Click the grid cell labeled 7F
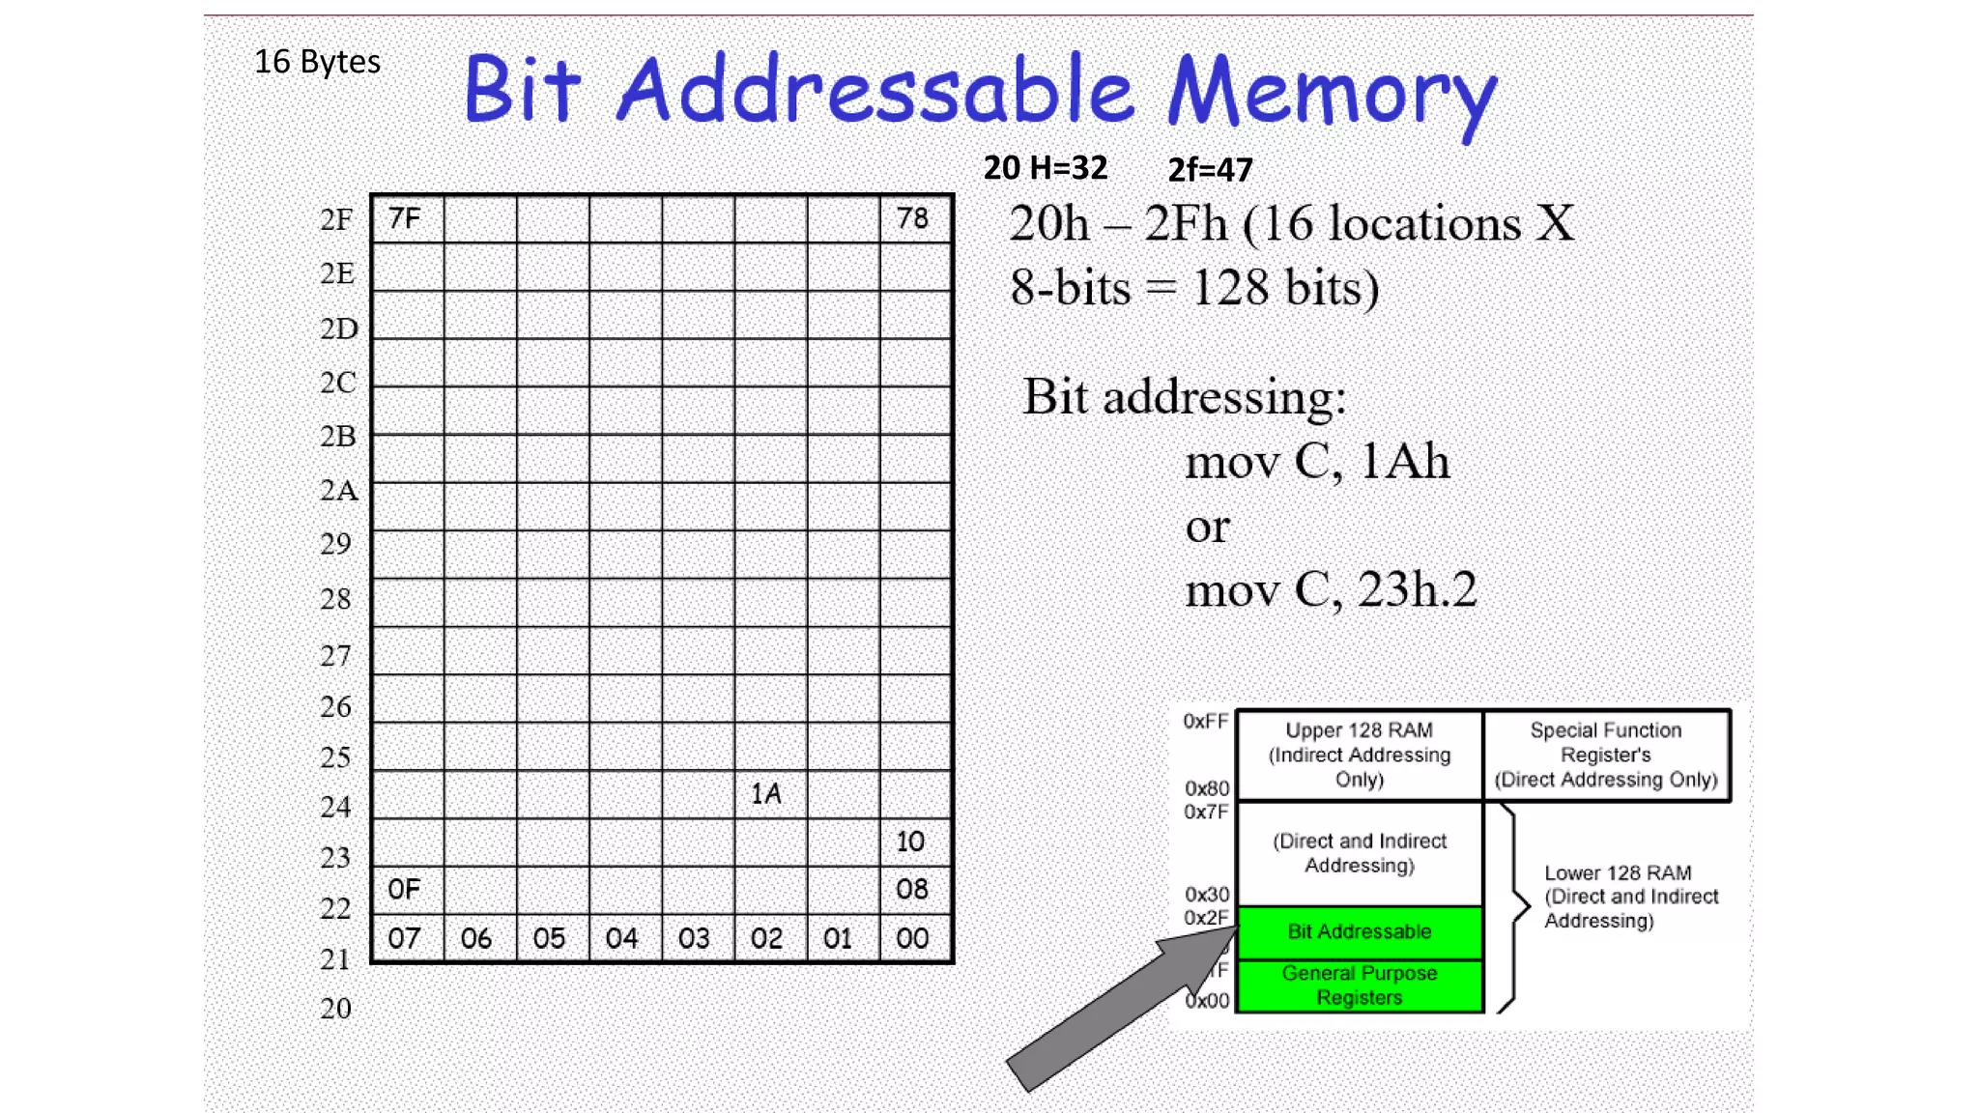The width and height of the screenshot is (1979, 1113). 407,218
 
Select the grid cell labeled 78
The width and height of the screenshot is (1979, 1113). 914,218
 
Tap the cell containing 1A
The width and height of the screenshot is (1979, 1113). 769,794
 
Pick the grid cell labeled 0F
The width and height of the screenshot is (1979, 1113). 407,890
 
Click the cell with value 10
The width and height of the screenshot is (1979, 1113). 914,842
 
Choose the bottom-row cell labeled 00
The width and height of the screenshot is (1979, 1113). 914,938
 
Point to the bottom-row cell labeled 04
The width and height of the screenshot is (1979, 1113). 624,938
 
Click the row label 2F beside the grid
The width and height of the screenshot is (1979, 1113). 336,220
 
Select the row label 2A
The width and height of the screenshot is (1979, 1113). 338,491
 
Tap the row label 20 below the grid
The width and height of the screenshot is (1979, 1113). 335,1009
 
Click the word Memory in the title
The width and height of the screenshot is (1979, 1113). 1332,93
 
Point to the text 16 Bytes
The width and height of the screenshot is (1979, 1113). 317,62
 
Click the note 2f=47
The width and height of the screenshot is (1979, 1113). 1210,170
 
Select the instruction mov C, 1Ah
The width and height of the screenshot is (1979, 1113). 1317,462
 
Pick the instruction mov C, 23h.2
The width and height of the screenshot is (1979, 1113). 1331,590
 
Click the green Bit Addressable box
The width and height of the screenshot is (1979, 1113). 1359,931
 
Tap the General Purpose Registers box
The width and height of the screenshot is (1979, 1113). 1359,985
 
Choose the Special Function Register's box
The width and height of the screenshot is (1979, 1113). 1605,756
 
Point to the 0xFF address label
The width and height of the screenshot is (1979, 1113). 1206,722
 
